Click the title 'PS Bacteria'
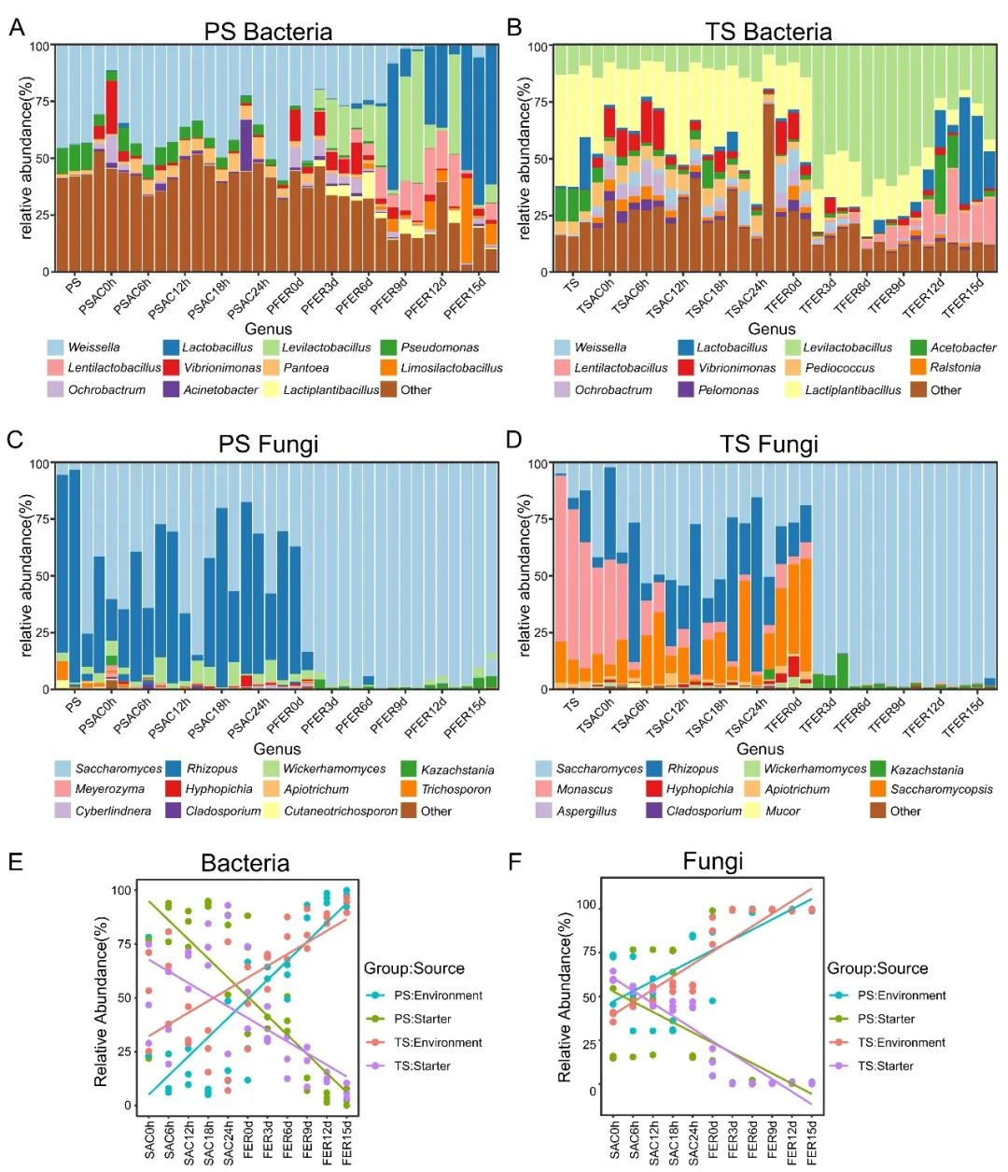tap(268, 32)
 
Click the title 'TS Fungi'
tap(768, 445)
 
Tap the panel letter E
tap(16, 860)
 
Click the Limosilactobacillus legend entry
tap(451, 368)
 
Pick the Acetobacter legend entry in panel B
tap(962, 347)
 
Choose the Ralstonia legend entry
tap(954, 368)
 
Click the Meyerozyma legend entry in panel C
tap(109, 789)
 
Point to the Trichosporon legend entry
tap(455, 789)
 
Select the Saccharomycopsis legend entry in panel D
tap(941, 789)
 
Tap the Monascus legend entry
tap(584, 789)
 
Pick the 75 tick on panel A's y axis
tap(43, 102)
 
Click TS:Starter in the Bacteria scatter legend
tap(422, 1066)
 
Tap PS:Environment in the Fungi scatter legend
tap(901, 995)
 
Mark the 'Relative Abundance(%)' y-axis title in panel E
tap(101, 1001)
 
